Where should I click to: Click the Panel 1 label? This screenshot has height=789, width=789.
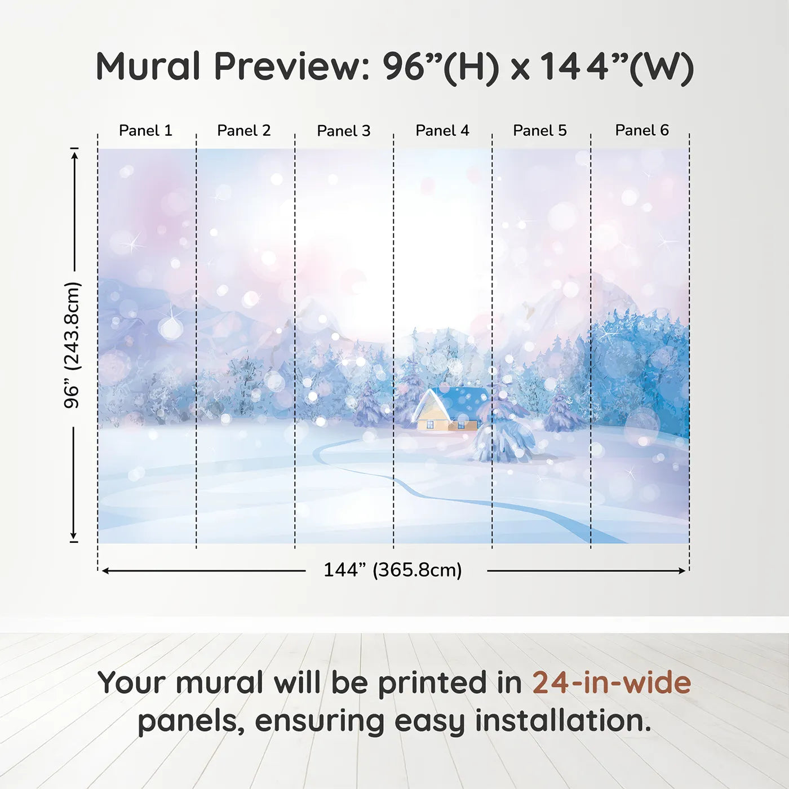pyautogui.click(x=145, y=131)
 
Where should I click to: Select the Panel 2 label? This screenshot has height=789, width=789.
pyautogui.click(x=244, y=131)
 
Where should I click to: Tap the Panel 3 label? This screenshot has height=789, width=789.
pyautogui.click(x=344, y=131)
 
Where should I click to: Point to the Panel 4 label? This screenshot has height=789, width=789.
pyautogui.click(x=442, y=131)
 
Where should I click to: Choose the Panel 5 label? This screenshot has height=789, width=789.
pyautogui.click(x=540, y=131)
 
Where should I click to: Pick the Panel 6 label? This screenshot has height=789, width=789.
pyautogui.click(x=642, y=131)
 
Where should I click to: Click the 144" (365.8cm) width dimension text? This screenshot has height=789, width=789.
pyautogui.click(x=393, y=570)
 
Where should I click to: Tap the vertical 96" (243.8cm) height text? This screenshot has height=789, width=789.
pyautogui.click(x=72, y=345)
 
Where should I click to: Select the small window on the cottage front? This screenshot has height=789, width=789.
pyautogui.click(x=430, y=424)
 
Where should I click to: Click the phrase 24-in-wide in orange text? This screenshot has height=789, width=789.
pyautogui.click(x=611, y=683)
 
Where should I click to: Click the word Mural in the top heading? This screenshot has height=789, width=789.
pyautogui.click(x=148, y=67)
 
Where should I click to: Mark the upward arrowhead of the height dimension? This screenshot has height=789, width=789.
pyautogui.click(x=74, y=154)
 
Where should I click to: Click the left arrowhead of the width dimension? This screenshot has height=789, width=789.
pyautogui.click(x=105, y=571)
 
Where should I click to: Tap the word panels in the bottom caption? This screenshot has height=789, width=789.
pyautogui.click(x=190, y=722)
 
